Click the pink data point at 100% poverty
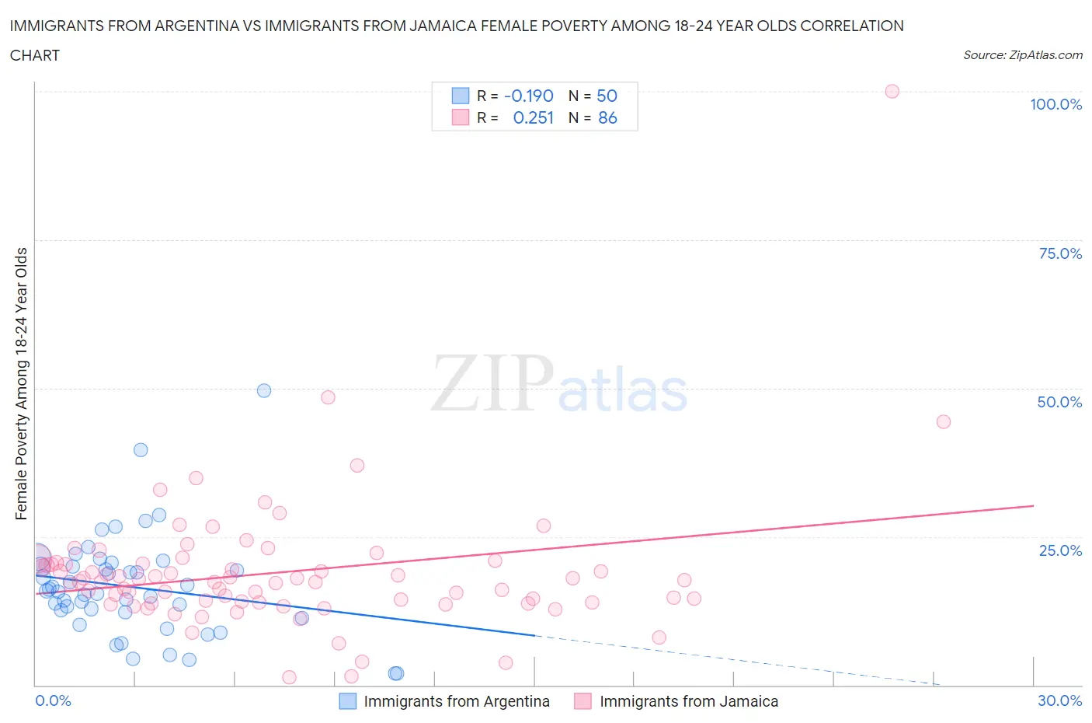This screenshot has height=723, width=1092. coord(892,92)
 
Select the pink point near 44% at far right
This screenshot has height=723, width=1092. coord(943,421)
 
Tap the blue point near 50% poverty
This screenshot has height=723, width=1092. coord(264,391)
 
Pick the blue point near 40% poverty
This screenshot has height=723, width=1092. coord(141,450)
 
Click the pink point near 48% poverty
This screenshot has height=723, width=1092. coord(328,397)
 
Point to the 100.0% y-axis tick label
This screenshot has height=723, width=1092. coord(1055,105)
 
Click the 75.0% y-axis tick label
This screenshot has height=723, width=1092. coord(1059,253)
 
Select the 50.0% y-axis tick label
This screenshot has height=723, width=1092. coord(1059,402)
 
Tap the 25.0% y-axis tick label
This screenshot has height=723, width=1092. coord(1059,550)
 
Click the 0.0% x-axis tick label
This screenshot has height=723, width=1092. coord(53,700)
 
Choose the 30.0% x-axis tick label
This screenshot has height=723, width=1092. coord(1059,700)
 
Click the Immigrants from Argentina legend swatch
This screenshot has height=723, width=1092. coord(347,701)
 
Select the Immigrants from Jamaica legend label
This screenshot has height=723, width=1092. coord(688,701)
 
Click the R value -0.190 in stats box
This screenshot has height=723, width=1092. coord(528,96)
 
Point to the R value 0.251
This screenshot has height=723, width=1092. coord(533,118)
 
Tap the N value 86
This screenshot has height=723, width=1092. coord(607,118)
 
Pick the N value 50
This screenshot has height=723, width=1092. coord(607,96)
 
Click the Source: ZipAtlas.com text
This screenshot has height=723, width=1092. coord(1022,55)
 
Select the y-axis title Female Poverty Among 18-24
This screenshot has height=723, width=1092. coord(22,383)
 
